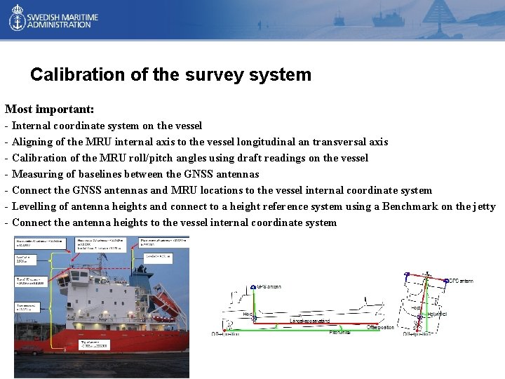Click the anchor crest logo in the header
16,19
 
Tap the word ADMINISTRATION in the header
60,25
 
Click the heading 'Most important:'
49,109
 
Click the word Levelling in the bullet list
34,206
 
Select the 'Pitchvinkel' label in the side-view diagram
339,332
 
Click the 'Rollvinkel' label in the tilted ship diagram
437,314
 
